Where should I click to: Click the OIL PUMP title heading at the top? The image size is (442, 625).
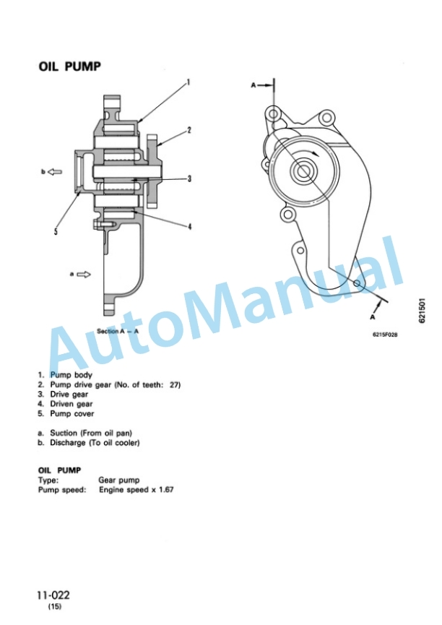click(69, 66)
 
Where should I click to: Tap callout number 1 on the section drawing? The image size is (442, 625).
click(188, 82)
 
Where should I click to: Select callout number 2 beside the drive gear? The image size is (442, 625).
click(189, 130)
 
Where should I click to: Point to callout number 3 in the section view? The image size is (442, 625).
click(189, 178)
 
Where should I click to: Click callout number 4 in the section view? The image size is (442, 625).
click(190, 226)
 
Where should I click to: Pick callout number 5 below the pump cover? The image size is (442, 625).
click(56, 231)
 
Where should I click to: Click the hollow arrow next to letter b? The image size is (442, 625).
click(55, 172)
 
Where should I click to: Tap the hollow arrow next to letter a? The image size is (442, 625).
click(83, 275)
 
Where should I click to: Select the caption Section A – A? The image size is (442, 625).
click(118, 331)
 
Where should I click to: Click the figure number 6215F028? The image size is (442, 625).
click(385, 335)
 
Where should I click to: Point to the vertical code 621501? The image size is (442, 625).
click(422, 311)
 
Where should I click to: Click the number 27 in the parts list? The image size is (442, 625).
click(175, 385)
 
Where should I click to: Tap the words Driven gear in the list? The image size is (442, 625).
click(71, 404)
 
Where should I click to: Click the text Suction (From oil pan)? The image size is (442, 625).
click(91, 433)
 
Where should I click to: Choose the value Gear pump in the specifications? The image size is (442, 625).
click(118, 480)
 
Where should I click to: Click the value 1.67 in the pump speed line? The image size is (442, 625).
click(166, 489)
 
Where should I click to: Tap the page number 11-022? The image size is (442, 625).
click(53, 595)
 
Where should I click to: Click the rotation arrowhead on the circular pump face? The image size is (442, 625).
click(316, 154)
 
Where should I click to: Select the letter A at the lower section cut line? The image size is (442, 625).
click(372, 317)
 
